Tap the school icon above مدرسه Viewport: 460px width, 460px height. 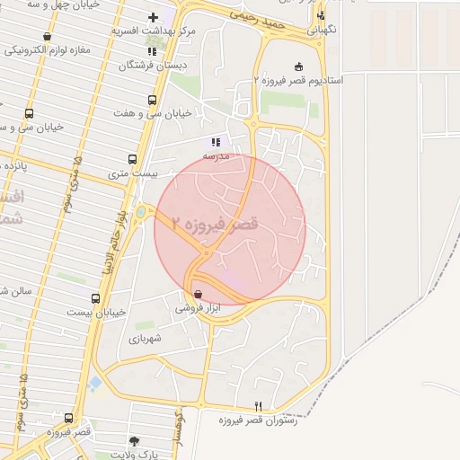click(x=215, y=142)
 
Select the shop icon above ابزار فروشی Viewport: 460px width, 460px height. click(x=198, y=294)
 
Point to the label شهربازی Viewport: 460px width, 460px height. click(x=144, y=338)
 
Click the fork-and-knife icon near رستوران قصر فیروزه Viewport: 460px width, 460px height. click(x=259, y=406)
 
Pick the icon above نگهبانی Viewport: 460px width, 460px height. click(x=321, y=15)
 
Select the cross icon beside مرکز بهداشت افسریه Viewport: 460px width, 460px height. click(x=153, y=18)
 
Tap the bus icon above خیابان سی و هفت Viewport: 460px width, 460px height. click(x=151, y=101)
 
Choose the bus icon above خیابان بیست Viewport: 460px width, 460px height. click(x=95, y=298)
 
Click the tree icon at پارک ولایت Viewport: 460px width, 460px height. click(x=134, y=440)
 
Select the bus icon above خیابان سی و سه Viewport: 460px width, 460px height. click(x=30, y=114)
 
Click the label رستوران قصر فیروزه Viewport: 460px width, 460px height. click(x=257, y=420)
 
